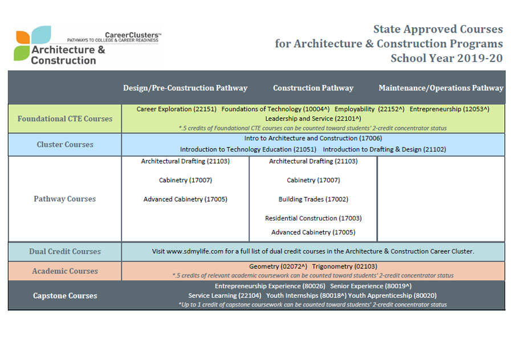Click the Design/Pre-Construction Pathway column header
185,88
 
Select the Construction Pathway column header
313,88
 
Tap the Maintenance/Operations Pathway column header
441,88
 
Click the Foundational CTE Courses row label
65,118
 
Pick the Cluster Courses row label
65,144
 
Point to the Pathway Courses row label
65,199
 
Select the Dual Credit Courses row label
65,251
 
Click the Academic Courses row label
65,271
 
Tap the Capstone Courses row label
65,296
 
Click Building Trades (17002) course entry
313,199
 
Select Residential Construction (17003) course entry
313,218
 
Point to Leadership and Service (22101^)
313,118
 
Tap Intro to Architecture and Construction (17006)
313,138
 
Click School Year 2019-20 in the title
446,58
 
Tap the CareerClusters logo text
132,35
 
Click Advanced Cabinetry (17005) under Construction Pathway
313,232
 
